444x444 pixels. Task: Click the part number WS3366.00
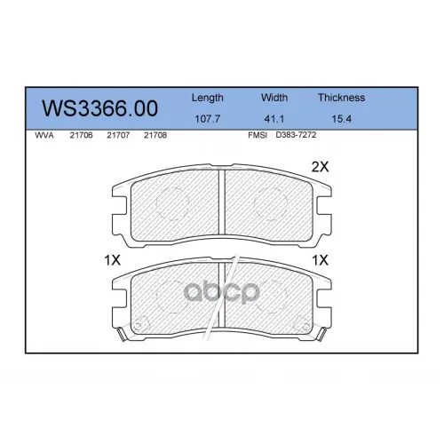[99, 108]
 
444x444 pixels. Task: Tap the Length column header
[207, 99]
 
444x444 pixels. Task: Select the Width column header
[274, 98]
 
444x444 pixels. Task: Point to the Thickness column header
[341, 98]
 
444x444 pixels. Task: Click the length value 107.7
[207, 119]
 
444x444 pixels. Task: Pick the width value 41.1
[274, 119]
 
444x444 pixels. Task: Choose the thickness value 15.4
[341, 119]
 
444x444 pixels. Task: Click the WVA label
[44, 135]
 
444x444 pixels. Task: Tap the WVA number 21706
[81, 135]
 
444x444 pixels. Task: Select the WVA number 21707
[118, 135]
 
